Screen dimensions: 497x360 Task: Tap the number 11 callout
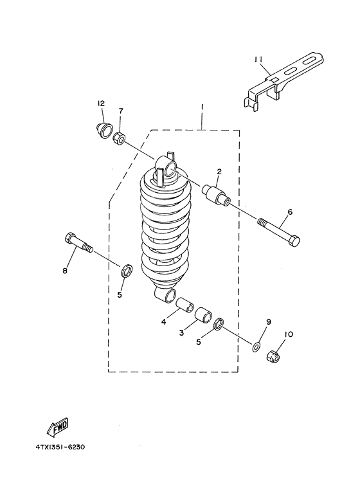[258, 59]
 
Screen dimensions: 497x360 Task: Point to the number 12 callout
[101, 104]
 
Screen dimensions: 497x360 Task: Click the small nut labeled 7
[119, 138]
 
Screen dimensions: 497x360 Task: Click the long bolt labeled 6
[280, 233]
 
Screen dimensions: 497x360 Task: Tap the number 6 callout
[290, 212]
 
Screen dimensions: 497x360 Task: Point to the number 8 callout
[65, 271]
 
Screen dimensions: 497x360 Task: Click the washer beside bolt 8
[127, 269]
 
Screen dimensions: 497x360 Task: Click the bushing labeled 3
[203, 315]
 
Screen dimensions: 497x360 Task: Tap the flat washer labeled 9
[256, 347]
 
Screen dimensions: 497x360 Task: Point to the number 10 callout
[288, 334]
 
